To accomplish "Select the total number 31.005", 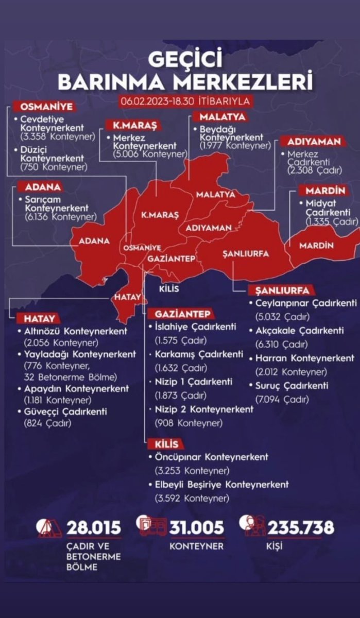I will tap(197, 527).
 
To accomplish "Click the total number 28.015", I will tap(94, 527).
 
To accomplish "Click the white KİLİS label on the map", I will tap(169, 288).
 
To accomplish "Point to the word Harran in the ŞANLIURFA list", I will tap(270, 358).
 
